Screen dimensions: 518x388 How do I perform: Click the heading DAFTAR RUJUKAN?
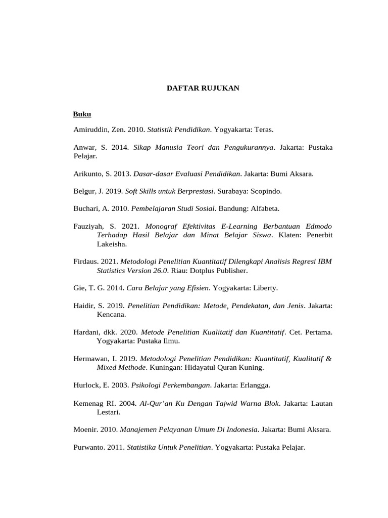pyautogui.click(x=203, y=88)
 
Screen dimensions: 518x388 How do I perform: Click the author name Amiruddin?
pyautogui.click(x=92, y=129)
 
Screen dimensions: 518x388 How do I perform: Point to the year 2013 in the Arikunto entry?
pyautogui.click(x=123, y=174)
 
